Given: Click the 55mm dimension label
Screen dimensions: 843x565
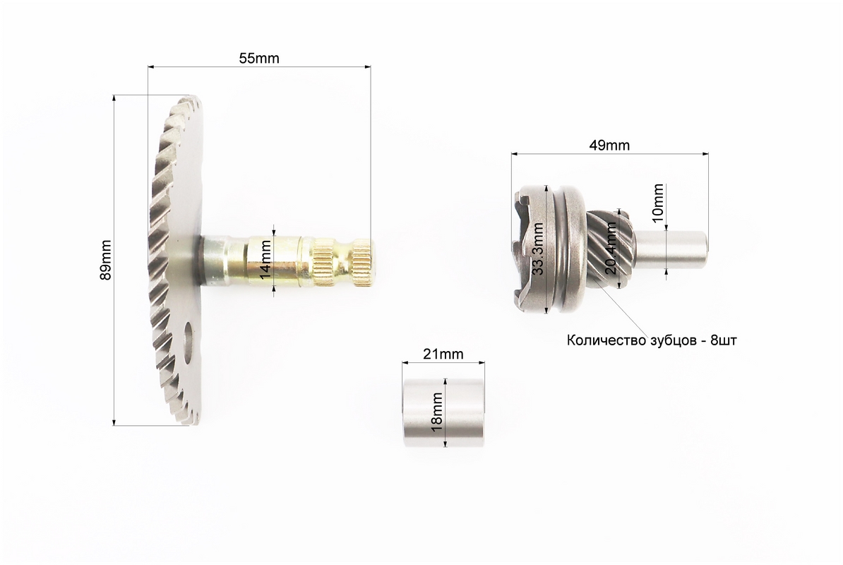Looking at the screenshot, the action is click(259, 58).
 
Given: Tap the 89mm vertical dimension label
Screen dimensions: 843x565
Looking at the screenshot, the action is click(106, 260).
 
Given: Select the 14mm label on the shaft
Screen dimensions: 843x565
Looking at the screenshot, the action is click(265, 260).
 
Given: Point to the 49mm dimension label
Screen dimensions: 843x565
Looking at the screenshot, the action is click(609, 145).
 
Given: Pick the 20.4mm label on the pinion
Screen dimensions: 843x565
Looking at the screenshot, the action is click(611, 249).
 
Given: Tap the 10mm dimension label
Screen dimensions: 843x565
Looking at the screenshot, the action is click(657, 200).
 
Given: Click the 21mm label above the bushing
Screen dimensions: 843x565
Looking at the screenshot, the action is click(443, 354).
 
